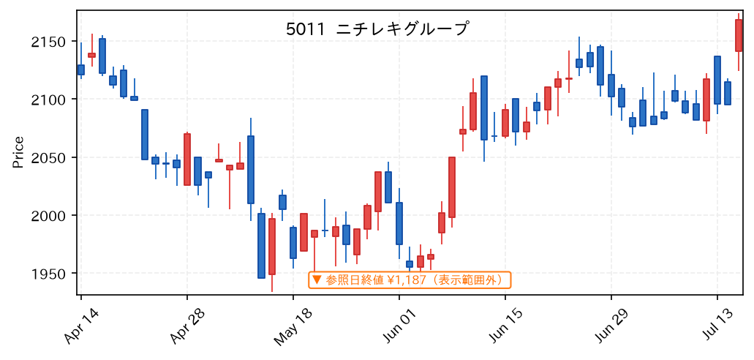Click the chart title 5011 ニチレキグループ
click(x=377, y=29)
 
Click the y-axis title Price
click(x=18, y=152)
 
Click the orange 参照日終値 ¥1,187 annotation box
click(x=410, y=280)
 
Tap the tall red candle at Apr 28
click(x=187, y=160)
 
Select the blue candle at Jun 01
click(x=399, y=223)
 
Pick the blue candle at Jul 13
click(x=717, y=80)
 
